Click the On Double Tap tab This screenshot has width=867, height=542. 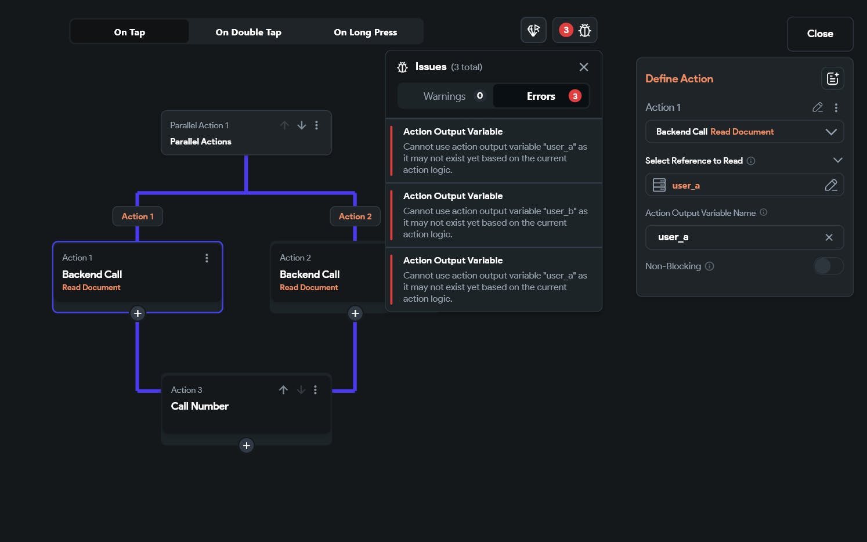[x=248, y=32]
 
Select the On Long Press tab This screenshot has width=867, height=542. [x=366, y=32]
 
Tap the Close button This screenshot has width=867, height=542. [x=820, y=34]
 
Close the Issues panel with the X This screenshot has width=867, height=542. [x=584, y=67]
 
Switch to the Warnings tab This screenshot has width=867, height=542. [x=445, y=96]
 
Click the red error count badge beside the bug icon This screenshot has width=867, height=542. [x=566, y=30]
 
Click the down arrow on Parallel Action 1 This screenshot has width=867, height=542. [x=302, y=125]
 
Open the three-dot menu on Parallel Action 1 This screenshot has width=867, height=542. [x=317, y=125]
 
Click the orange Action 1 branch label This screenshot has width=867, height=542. [x=138, y=216]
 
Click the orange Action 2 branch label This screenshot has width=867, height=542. [x=355, y=216]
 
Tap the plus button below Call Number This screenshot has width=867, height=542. [x=246, y=446]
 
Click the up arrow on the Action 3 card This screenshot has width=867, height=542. [x=283, y=390]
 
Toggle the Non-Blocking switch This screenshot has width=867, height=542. [x=828, y=266]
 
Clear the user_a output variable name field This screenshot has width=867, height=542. [x=829, y=237]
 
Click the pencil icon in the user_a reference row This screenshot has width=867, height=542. [x=831, y=186]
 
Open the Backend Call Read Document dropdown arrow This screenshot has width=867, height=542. [x=831, y=132]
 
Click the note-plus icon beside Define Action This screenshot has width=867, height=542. [x=833, y=78]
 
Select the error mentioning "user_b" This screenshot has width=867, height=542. [x=494, y=215]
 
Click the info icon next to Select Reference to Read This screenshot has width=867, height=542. [x=750, y=161]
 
